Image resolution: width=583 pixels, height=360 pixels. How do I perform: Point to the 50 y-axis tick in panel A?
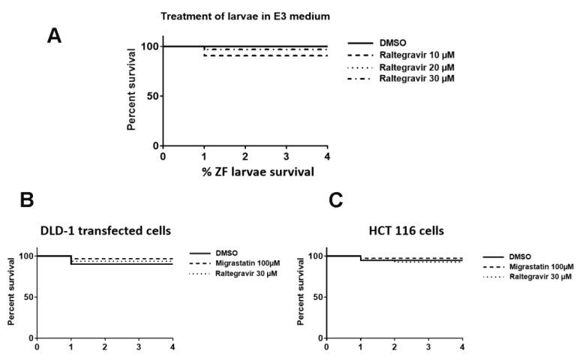click(151, 96)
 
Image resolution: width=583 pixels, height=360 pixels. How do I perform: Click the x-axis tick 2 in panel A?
click(245, 156)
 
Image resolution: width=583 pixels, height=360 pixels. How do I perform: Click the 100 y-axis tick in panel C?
click(314, 256)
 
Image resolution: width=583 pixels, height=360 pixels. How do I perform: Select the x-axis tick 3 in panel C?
click(428, 347)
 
